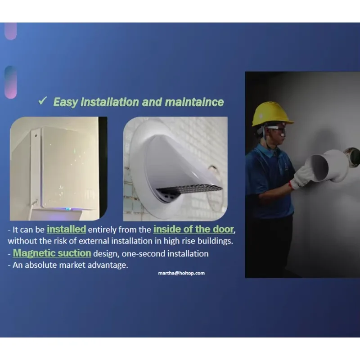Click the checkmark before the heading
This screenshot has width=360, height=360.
pyautogui.click(x=43, y=100)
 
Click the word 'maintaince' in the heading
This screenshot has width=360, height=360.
pyautogui.click(x=194, y=102)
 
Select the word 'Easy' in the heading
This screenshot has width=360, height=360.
pyautogui.click(x=65, y=103)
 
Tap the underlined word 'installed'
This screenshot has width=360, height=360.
pyautogui.click(x=66, y=229)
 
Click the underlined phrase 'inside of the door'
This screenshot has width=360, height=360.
pyautogui.click(x=193, y=229)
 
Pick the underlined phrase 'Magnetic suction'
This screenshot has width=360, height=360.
pyautogui.click(x=52, y=253)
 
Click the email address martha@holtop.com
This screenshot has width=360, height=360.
pyautogui.click(x=181, y=273)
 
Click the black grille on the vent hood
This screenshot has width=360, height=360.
pyautogui.click(x=189, y=189)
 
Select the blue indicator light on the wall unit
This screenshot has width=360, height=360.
pyautogui.click(x=68, y=209)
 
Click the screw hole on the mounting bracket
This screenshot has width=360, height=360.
pyautogui.click(x=36, y=136)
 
